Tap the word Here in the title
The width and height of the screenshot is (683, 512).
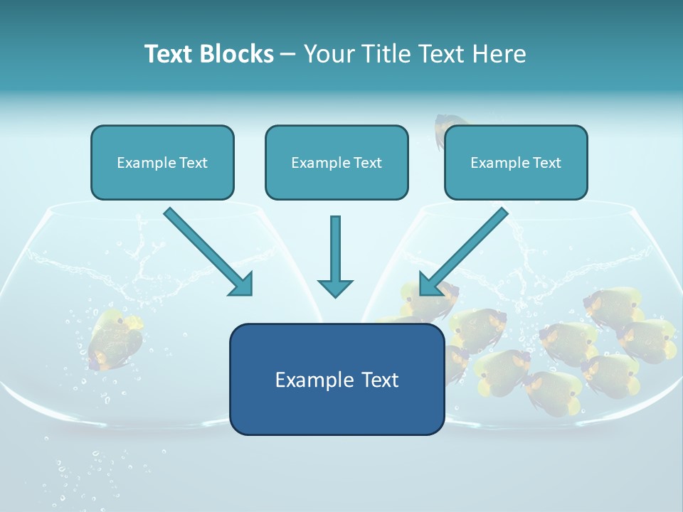(499, 54)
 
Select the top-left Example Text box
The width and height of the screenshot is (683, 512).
(162, 163)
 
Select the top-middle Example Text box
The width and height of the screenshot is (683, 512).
(337, 163)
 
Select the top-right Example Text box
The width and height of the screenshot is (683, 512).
(516, 163)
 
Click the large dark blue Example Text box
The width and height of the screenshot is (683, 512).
(337, 380)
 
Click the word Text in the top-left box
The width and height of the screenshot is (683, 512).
(193, 163)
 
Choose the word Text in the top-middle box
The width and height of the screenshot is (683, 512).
(367, 163)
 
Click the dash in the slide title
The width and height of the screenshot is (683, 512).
(288, 54)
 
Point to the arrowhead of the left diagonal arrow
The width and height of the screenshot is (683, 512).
(242, 284)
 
